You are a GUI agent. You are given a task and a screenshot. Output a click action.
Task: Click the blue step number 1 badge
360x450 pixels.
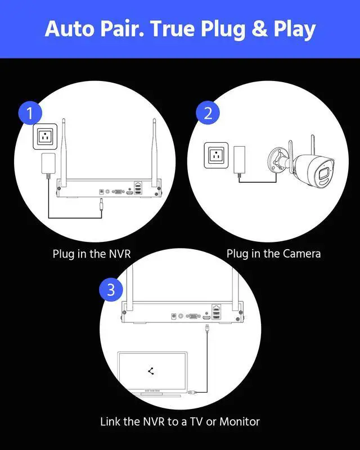pos(30,113)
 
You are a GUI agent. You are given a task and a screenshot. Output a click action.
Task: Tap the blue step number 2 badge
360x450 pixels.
pos(208,113)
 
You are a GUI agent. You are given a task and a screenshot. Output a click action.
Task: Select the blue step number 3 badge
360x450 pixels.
pos(111,290)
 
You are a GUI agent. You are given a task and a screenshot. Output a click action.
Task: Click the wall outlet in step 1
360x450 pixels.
pos(45,137)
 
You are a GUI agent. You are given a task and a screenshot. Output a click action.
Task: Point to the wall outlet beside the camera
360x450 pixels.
pos(216,155)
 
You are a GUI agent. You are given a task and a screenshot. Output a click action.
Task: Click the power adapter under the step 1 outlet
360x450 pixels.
pos(48,164)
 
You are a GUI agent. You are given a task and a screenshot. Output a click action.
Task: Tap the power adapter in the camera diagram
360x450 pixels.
pos(240,160)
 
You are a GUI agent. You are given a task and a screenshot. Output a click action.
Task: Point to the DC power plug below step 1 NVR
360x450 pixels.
pos(101,204)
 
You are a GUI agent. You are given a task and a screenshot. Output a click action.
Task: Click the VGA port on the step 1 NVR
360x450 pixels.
pos(118,192)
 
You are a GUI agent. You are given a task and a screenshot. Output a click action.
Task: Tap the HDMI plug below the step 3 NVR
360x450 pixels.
pos(206,328)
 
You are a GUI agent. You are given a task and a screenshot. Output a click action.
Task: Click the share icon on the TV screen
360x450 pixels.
pos(151,371)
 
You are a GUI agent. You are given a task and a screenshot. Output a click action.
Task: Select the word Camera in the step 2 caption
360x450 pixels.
pos(301,254)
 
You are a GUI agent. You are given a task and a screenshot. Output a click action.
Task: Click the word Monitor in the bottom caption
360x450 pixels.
pos(240,421)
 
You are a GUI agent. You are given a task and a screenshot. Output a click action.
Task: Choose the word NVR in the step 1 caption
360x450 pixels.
pos(120,254)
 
